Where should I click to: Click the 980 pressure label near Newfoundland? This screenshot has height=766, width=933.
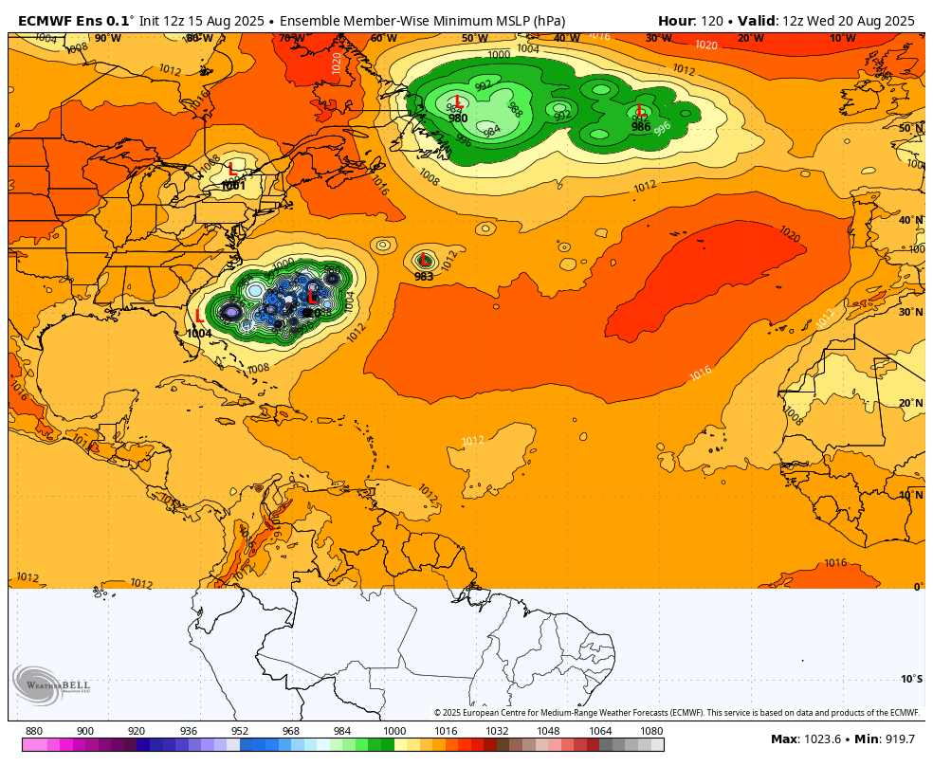(458, 119)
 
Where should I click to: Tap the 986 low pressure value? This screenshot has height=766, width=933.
(641, 127)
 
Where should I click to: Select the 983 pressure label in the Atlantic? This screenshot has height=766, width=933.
(424, 277)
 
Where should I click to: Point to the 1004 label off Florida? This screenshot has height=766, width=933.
(199, 333)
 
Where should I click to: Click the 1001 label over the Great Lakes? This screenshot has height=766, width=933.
(233, 186)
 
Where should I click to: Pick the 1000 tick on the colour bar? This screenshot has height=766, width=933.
(393, 731)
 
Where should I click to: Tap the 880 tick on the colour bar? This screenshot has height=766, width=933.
(34, 731)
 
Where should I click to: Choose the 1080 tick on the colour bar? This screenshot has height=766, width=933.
(651, 731)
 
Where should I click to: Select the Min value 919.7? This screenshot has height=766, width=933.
(897, 739)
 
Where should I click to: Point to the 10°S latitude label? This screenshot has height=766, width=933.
(911, 679)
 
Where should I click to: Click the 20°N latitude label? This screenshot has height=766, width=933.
(911, 403)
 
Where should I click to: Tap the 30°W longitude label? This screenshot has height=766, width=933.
(658, 39)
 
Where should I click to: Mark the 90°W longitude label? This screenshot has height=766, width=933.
(107, 39)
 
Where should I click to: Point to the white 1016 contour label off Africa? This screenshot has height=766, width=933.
(701, 373)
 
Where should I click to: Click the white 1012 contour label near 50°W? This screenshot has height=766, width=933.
(473, 441)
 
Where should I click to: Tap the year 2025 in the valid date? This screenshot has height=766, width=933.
(895, 21)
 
